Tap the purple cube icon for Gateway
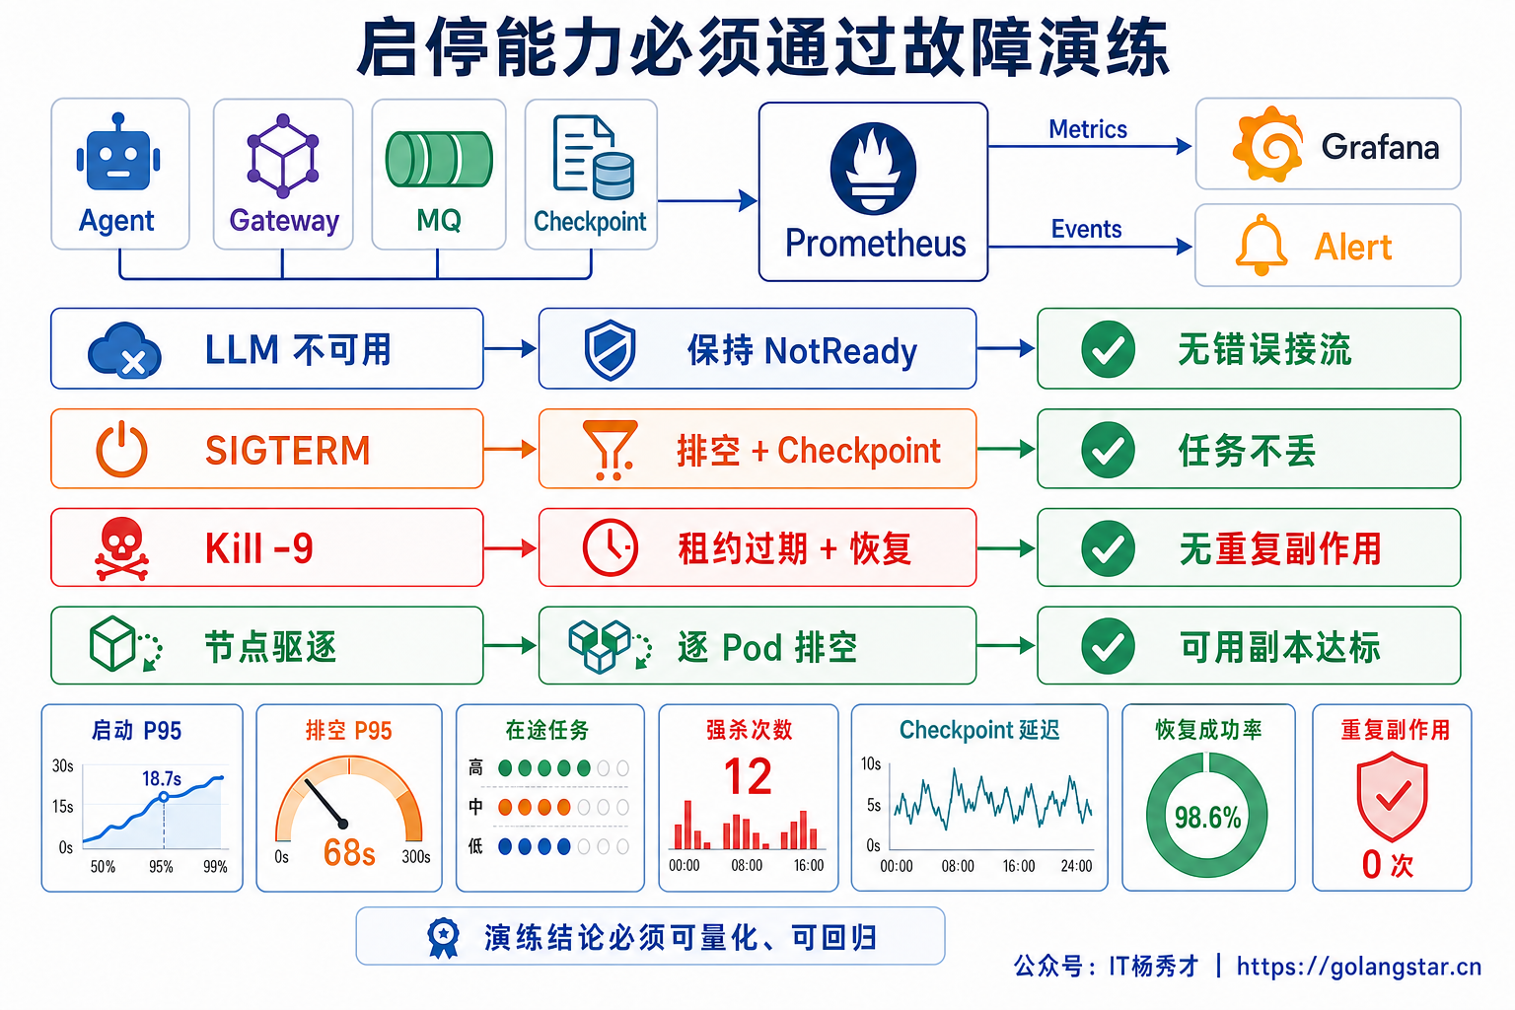tap(283, 156)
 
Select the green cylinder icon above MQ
tap(439, 159)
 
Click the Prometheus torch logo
tap(873, 169)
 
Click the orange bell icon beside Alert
tap(1262, 245)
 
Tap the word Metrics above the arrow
tap(1088, 129)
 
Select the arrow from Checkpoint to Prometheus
tap(707, 201)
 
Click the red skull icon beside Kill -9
tap(121, 548)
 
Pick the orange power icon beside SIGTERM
tap(121, 449)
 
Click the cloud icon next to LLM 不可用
tap(124, 350)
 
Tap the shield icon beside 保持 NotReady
tap(611, 350)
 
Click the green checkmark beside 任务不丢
tap(1108, 449)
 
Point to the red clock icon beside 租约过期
tap(611, 548)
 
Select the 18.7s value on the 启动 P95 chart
tap(162, 778)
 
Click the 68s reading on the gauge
tap(349, 852)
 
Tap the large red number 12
tap(748, 776)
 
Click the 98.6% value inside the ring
tap(1207, 818)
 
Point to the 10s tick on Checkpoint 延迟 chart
tap(871, 763)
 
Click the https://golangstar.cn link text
tap(1359, 967)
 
